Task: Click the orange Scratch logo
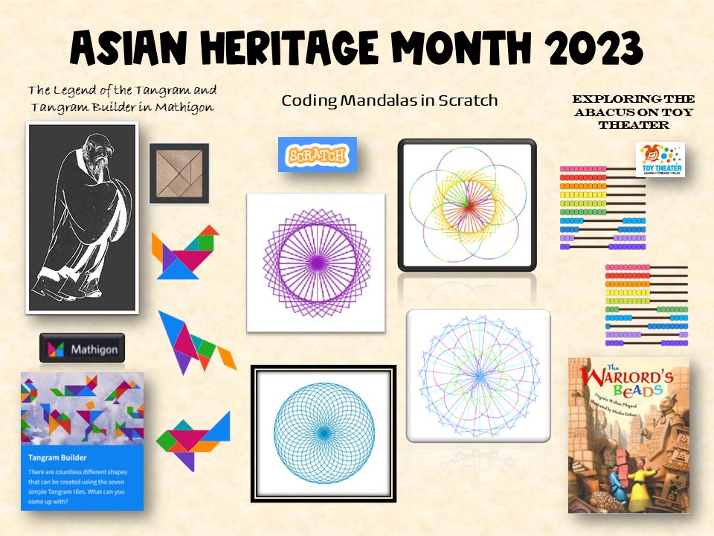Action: [317, 155]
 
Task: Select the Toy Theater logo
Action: [660, 160]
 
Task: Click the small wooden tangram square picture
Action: [178, 173]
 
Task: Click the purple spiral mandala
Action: [315, 262]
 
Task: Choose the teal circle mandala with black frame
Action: [324, 433]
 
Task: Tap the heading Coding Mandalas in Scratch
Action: [389, 100]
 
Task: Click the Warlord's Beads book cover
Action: [628, 435]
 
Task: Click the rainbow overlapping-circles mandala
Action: [467, 205]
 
